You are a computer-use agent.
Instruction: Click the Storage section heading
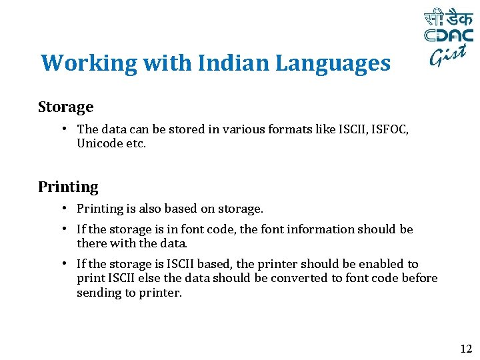(65, 107)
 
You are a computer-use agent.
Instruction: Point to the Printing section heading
(68, 187)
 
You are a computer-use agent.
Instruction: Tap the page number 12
(465, 348)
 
